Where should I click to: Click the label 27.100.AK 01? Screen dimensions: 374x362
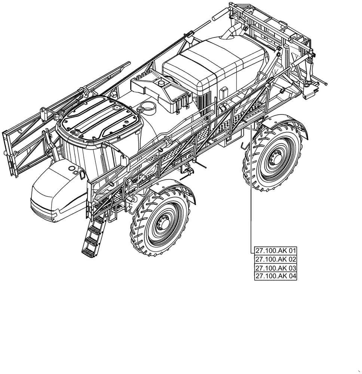275,251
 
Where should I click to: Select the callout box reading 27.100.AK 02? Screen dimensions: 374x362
275,259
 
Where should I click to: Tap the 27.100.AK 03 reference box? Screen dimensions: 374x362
275,268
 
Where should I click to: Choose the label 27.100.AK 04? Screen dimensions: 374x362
275,276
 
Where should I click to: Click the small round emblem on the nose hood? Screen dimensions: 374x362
71,169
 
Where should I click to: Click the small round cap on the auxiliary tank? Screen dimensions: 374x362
162,83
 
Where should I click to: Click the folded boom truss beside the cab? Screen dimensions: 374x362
26,138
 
